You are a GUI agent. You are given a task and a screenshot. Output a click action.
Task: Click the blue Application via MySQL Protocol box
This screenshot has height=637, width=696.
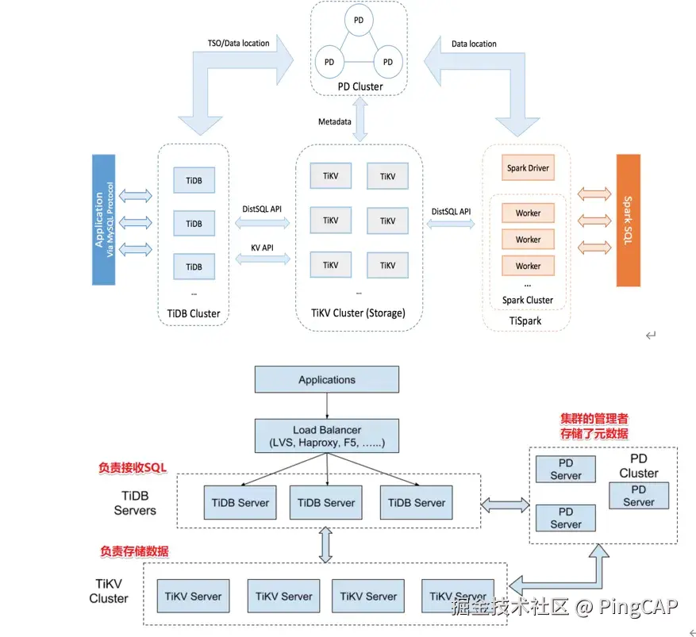coord(104,220)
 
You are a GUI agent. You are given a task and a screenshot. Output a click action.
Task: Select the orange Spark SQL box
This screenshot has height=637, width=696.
coord(628,220)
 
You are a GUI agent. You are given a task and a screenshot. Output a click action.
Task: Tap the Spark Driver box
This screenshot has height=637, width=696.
coord(528,168)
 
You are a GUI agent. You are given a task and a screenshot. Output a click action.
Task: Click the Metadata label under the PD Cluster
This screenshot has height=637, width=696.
coord(335,121)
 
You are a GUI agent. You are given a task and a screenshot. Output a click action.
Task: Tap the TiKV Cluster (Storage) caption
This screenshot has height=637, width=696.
coord(358,313)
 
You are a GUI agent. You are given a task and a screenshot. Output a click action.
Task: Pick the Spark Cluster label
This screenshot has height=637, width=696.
coord(528,300)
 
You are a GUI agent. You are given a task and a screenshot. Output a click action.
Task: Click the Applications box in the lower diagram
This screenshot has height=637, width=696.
coord(327,380)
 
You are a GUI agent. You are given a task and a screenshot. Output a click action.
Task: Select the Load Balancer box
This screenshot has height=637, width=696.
coord(327,436)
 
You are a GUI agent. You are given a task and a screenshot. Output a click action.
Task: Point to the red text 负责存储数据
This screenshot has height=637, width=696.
coord(133,551)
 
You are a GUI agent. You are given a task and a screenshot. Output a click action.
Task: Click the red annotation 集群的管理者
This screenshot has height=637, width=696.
coord(594,418)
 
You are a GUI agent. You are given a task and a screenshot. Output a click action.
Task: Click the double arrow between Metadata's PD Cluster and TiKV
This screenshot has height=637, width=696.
coord(362,120)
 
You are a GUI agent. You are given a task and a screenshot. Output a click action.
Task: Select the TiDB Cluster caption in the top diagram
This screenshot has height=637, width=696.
coord(194,313)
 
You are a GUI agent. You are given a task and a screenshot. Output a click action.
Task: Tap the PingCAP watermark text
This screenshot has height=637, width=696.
coord(638,608)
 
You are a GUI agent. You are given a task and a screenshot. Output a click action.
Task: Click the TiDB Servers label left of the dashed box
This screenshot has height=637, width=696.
coord(135,503)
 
